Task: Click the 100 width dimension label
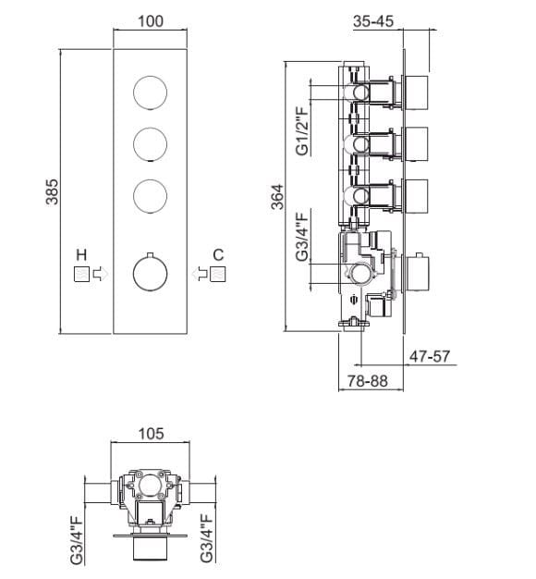150,21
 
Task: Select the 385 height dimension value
52,191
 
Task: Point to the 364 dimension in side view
277,197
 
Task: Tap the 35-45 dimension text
373,21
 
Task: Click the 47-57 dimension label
430,356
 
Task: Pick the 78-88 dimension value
368,381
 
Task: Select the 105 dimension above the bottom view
151,434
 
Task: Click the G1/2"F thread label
302,130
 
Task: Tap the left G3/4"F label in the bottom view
77,541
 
